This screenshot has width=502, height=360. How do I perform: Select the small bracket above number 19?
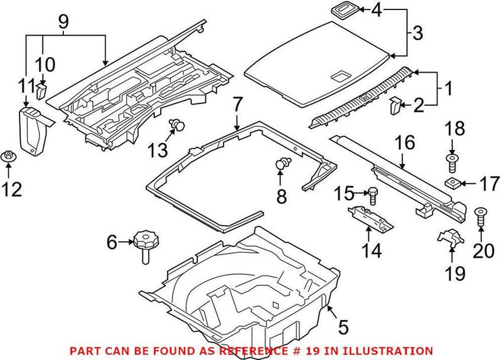click(x=450, y=238)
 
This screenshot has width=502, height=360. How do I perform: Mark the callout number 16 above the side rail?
click(x=405, y=144)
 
